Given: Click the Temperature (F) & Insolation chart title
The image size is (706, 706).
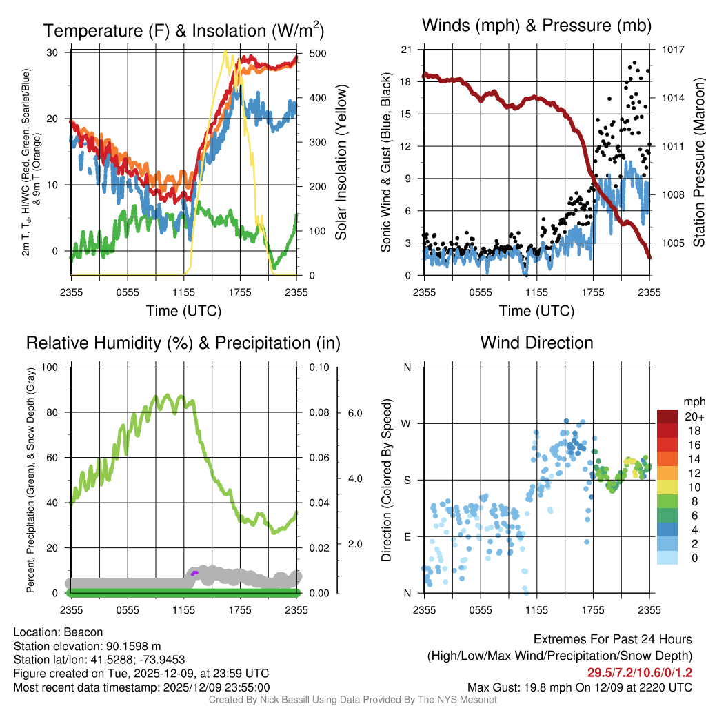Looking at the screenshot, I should tap(183, 31).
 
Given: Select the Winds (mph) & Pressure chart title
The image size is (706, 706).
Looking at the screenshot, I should tap(536, 26).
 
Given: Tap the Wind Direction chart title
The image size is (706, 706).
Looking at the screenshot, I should tap(536, 343).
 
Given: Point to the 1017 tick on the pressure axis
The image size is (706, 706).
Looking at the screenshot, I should tap(672, 50).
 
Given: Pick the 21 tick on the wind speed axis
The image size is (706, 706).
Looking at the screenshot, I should tap(407, 50).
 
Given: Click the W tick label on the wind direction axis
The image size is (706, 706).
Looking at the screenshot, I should tap(407, 423).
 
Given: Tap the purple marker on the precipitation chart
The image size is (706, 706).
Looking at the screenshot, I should tap(194, 573).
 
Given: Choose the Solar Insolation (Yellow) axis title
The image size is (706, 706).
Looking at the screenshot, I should tap(341, 163).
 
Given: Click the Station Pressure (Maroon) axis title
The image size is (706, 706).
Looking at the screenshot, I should tap(698, 163).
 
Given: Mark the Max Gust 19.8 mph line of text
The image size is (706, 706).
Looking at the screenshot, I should tap(580, 687).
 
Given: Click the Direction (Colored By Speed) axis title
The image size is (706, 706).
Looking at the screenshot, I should tap(387, 480).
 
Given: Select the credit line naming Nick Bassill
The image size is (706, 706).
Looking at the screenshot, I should tap(352, 700).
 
